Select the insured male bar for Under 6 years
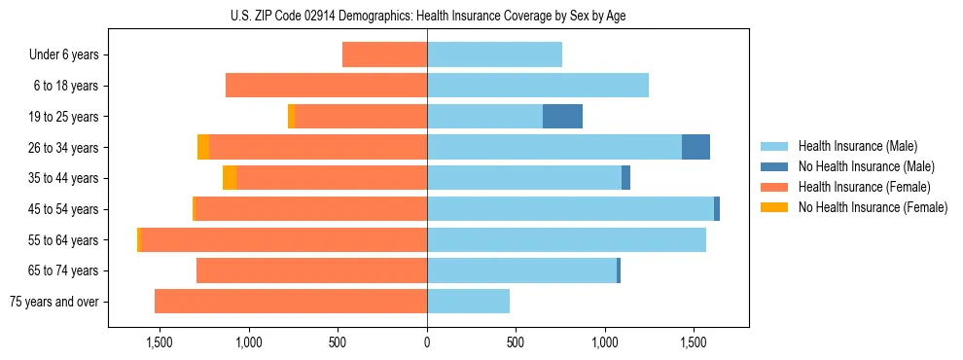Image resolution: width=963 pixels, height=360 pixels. click(x=494, y=55)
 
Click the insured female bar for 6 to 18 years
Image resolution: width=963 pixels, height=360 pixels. click(x=326, y=86)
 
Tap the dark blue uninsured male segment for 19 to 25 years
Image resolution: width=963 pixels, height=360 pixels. click(x=562, y=117)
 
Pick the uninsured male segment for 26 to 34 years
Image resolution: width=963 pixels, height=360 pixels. click(x=695, y=147)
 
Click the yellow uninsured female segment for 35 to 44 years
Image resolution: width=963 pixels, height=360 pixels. click(x=230, y=178)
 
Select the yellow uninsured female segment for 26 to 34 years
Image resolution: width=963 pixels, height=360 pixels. click(x=203, y=147)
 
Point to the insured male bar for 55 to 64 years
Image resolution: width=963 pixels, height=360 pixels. click(x=566, y=239)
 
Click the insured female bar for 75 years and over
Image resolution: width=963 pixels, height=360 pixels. click(x=291, y=302)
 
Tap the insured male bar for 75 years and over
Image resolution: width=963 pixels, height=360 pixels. click(x=468, y=302)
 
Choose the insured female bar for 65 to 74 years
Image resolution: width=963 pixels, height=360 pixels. click(x=311, y=270)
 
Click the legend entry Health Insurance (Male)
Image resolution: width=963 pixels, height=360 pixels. click(x=851, y=147)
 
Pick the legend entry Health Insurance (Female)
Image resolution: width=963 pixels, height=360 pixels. click(x=851, y=187)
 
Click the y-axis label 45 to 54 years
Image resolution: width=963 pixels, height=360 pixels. click(x=63, y=209)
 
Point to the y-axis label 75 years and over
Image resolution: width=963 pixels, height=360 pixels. click(x=54, y=302)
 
